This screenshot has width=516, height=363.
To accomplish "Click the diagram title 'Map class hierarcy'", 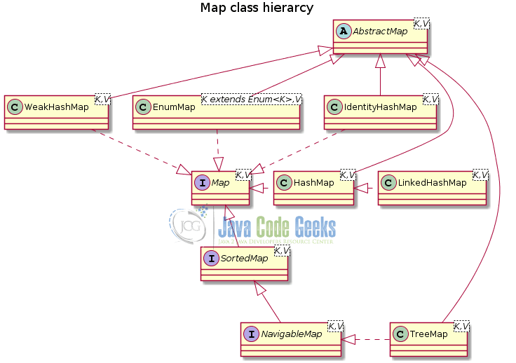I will (257, 8).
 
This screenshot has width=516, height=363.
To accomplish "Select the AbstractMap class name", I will (381, 32).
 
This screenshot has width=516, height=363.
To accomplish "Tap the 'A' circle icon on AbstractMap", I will (344, 32).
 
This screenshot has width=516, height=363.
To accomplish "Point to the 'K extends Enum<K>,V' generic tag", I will (251, 100).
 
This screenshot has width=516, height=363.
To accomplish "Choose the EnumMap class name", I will (174, 107).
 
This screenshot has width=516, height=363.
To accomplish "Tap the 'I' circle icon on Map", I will (202, 183).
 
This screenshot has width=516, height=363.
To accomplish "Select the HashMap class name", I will (313, 183).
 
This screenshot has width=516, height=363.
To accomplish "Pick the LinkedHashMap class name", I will (433, 183).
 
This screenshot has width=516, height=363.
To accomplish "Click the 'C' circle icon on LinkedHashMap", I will (388, 183).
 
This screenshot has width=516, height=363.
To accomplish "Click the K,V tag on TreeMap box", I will (461, 326).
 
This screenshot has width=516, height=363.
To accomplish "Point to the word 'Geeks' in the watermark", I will (315, 226).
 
